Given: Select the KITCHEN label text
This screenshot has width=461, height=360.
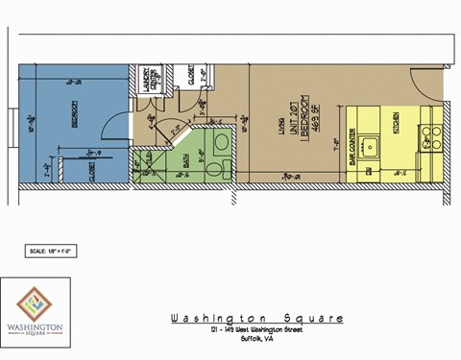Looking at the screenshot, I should (x=397, y=125).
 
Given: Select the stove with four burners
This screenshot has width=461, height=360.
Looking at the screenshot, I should (x=431, y=137).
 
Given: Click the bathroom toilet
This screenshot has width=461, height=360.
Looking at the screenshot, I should (x=220, y=168).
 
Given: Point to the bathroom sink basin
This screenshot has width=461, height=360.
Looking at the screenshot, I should (x=219, y=141).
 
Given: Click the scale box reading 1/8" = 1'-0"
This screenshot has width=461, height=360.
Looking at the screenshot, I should (x=50, y=251).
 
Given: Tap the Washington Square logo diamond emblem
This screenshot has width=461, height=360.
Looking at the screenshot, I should (x=35, y=302).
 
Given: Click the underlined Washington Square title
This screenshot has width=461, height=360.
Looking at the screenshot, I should (x=256, y=319).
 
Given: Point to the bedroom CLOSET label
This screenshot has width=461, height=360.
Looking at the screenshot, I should (x=92, y=172).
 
